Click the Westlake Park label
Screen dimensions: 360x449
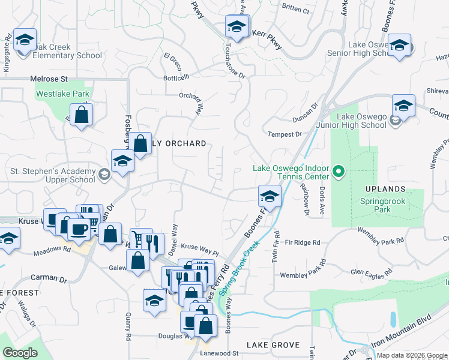pos(62,94)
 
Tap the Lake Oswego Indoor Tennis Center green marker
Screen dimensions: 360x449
pos(338,172)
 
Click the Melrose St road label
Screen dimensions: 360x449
pos(49,79)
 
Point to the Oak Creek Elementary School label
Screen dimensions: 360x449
pos(59,51)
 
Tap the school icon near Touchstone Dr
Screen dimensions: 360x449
pos(237,27)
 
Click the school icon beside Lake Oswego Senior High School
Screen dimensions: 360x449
pos(399,46)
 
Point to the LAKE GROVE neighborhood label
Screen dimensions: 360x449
pos(273,345)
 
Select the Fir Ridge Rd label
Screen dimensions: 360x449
pos(303,242)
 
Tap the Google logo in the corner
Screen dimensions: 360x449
pos(20,353)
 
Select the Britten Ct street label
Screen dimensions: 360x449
pos(295,10)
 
